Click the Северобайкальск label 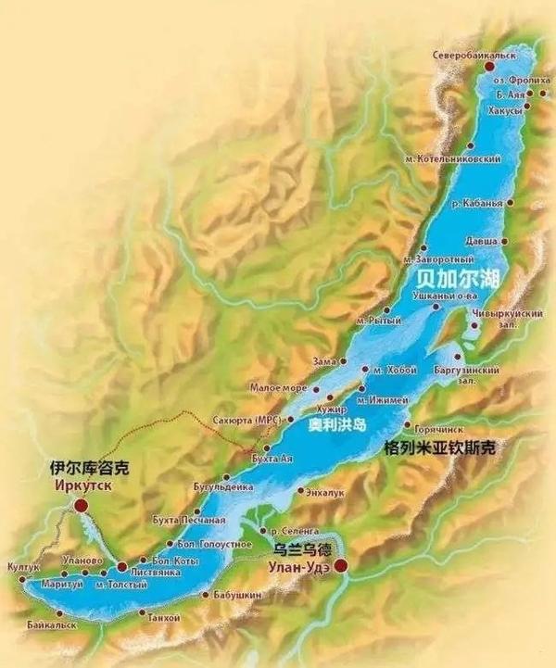coord(474,55)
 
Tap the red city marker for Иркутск coord(82,505)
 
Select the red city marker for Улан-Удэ coord(341,564)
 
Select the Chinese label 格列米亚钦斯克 coord(439,447)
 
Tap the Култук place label coord(22,565)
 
